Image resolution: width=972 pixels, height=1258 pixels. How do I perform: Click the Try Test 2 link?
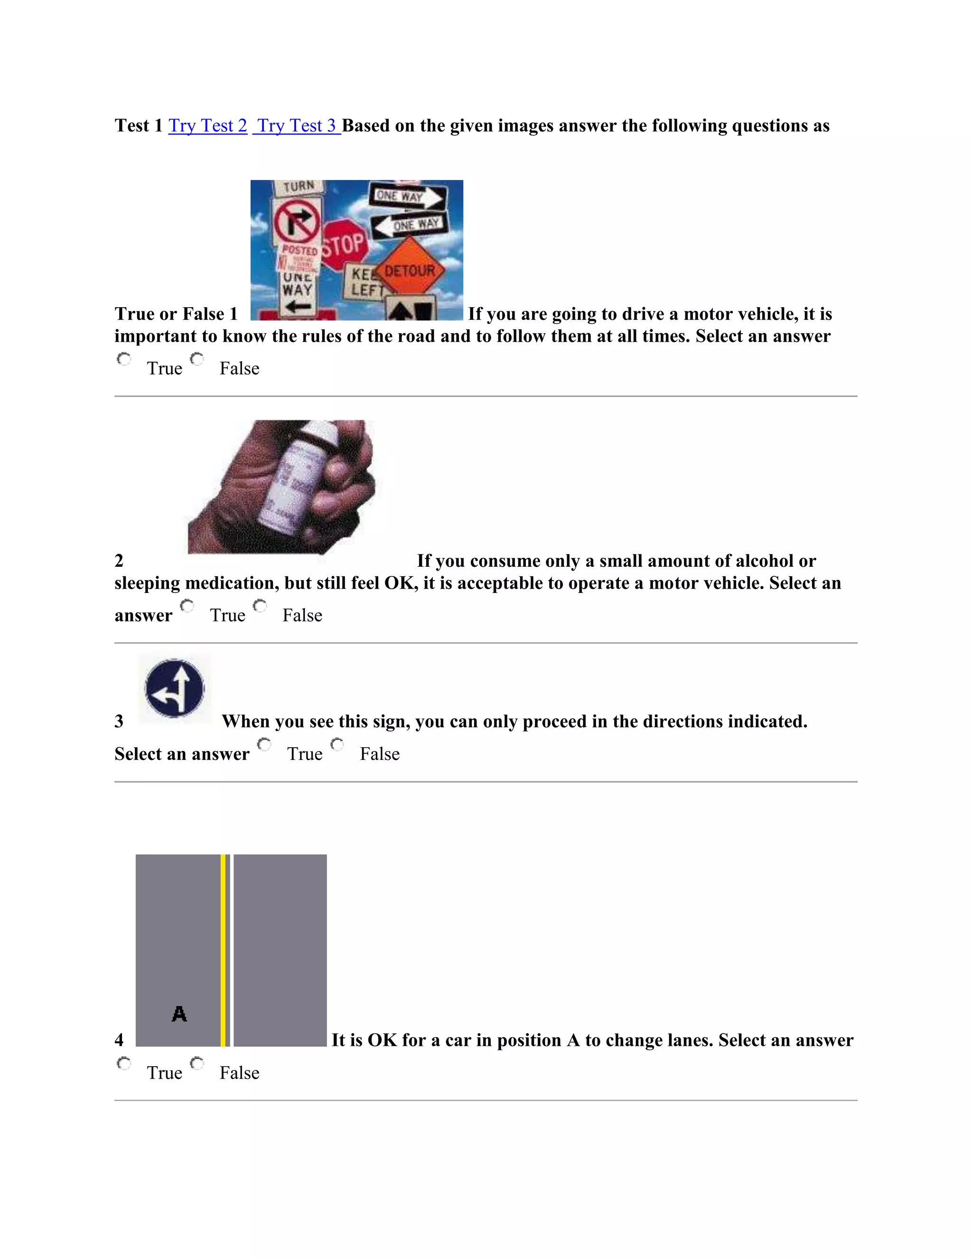point(207,126)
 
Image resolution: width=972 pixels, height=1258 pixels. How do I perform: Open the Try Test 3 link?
point(297,126)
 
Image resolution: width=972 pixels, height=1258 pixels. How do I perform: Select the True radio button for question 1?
point(124,359)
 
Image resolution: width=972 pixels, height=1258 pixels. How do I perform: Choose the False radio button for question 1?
point(197,359)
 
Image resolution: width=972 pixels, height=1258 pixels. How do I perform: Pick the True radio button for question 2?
point(187,606)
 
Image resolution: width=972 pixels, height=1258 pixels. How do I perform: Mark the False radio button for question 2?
point(260,606)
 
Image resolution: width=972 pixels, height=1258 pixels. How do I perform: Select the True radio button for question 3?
point(264,745)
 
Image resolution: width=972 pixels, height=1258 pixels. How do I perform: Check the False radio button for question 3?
point(337,745)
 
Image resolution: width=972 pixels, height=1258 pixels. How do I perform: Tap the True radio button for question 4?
point(124,1063)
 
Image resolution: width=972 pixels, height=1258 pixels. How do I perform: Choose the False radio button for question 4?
point(197,1063)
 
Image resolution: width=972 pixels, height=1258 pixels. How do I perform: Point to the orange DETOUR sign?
point(410,270)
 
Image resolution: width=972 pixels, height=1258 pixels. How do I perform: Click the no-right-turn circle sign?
point(297,222)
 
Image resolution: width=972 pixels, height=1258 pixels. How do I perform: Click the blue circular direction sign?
point(175,688)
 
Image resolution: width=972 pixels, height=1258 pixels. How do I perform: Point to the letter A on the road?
point(179,1014)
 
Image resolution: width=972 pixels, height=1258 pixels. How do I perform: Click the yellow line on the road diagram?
point(223,950)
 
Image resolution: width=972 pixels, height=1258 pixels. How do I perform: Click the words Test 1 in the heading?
point(139,126)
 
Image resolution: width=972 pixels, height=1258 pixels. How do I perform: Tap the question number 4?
point(119,1040)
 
